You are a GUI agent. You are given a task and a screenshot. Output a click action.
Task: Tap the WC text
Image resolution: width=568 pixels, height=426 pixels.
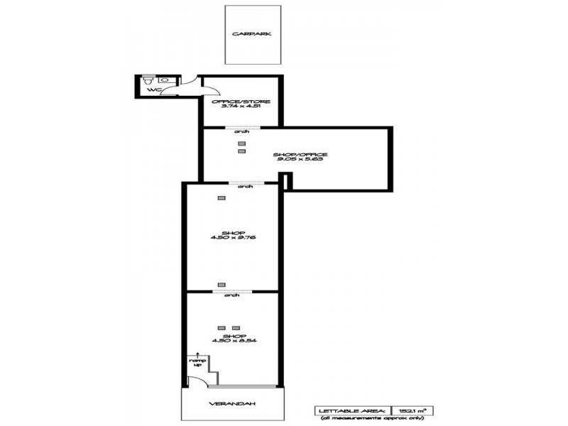151,90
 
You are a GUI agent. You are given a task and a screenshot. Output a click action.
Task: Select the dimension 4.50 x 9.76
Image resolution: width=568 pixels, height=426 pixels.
234,239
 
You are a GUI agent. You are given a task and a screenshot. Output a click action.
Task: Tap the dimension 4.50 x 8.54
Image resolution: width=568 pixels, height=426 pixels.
234,341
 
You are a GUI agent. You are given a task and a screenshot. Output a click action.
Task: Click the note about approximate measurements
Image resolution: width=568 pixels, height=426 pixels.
376,419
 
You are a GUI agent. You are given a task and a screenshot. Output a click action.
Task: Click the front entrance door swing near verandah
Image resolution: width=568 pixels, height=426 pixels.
195,381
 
